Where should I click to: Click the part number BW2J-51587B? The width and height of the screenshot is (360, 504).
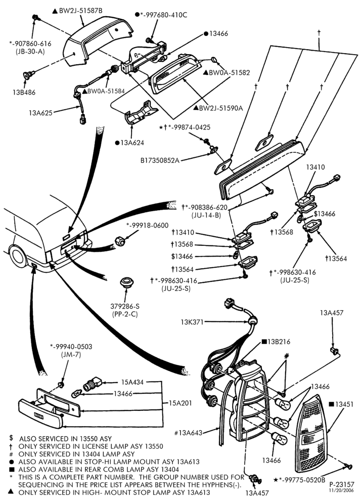click(80, 11)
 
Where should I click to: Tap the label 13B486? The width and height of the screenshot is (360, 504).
click(24, 93)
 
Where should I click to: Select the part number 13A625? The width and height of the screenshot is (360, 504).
click(40, 113)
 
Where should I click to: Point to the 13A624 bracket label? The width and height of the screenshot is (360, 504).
click(132, 143)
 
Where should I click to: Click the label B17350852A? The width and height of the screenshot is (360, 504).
click(160, 160)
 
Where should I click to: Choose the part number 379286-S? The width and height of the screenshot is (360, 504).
click(125, 306)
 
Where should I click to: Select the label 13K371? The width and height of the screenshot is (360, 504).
click(192, 322)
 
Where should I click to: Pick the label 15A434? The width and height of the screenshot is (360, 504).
click(132, 382)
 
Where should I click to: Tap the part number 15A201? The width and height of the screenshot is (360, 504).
click(181, 403)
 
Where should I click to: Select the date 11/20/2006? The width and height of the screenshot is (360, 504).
click(342, 490)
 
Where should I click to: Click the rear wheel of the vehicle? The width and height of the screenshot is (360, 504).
click(18, 256)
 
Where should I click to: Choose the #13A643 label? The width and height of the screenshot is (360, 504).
click(189, 433)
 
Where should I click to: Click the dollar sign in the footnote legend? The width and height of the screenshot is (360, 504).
click(12, 438)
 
